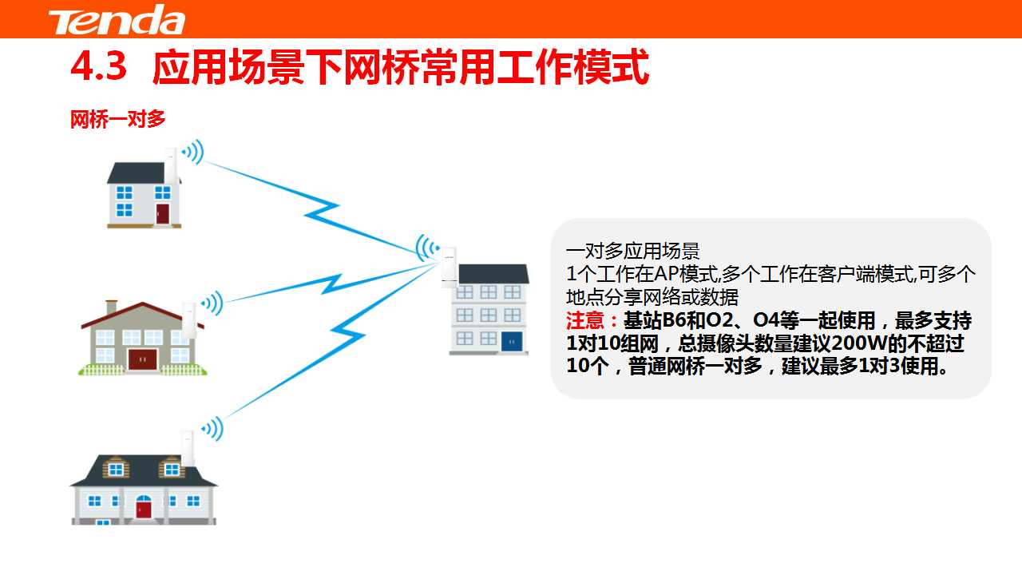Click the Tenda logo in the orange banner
point(117,20)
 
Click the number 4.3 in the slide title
point(98,66)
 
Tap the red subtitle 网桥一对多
point(117,119)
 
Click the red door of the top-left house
point(162,213)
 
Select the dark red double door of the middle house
point(142,359)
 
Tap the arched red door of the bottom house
point(143,506)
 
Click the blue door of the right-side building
point(512,341)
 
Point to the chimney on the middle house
point(111,307)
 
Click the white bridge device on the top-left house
point(171,166)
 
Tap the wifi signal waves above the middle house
point(212,303)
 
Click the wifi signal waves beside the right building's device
point(426,248)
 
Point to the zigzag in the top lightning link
point(322,211)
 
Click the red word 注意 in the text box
point(585,320)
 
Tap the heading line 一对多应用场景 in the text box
point(632,252)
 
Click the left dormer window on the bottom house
point(116,469)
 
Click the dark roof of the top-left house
point(137,173)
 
